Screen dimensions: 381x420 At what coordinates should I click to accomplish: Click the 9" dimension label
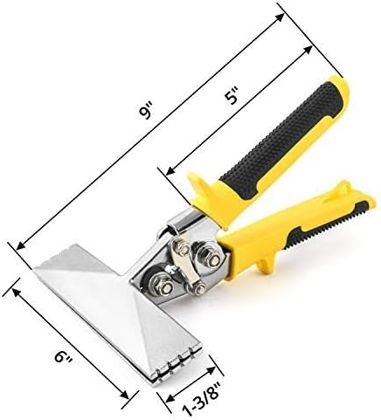pos(145,112)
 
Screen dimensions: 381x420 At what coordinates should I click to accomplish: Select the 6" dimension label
pos(63,355)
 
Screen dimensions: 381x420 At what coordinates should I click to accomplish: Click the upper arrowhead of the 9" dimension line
pos(280,17)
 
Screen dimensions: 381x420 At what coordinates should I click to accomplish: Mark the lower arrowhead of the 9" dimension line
pos(21,245)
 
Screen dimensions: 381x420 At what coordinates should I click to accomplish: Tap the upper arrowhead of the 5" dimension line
pos(308,50)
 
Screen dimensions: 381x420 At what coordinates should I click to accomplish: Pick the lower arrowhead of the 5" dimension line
pos(170,171)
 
